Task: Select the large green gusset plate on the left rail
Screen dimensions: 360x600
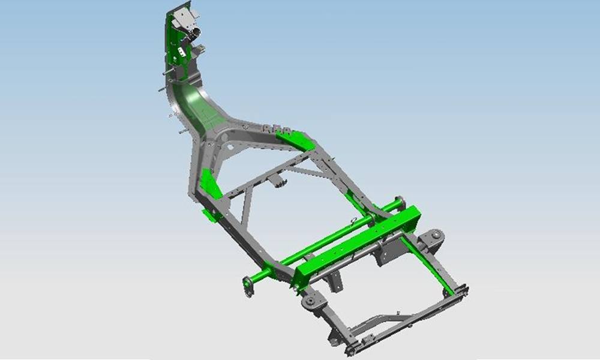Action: click(210, 184)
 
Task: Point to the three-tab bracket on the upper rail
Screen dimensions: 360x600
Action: click(273, 128)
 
